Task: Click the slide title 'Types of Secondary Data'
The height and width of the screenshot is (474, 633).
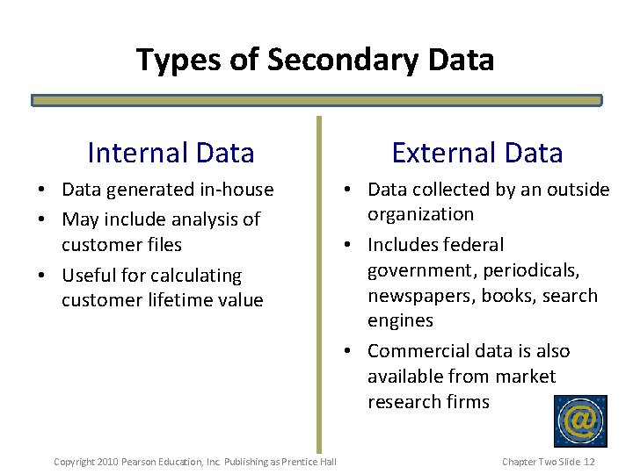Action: pyautogui.click(x=315, y=60)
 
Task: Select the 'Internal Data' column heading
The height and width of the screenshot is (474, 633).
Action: pyautogui.click(x=171, y=153)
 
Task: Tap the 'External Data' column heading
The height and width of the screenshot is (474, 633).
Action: pyautogui.click(x=477, y=153)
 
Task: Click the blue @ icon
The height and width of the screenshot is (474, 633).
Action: pyautogui.click(x=580, y=421)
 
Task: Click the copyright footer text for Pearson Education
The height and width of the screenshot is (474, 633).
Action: pyautogui.click(x=195, y=462)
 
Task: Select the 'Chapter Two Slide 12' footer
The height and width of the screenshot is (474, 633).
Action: pyautogui.click(x=549, y=462)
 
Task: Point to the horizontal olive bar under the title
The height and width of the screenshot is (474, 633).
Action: pyautogui.click(x=316, y=101)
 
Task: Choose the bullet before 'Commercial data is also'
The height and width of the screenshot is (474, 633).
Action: pyautogui.click(x=349, y=352)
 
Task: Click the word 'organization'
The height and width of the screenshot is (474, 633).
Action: pyautogui.click(x=420, y=214)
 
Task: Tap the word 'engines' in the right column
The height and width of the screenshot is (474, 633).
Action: pyautogui.click(x=400, y=320)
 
